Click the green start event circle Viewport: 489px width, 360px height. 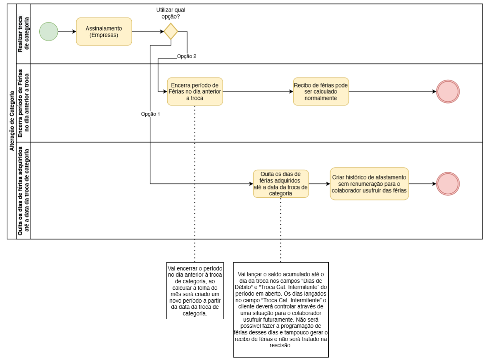click(x=49, y=31)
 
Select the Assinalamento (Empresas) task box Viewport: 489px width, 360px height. click(x=104, y=31)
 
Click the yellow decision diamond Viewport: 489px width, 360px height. click(x=171, y=31)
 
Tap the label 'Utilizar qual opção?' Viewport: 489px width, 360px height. click(x=171, y=13)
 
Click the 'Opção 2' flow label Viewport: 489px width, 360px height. click(x=187, y=57)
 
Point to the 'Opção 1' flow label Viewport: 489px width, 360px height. click(x=150, y=114)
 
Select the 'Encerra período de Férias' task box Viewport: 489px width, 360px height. click(x=195, y=92)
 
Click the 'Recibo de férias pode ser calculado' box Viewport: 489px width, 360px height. click(x=321, y=92)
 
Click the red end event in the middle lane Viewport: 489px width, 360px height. click(x=448, y=92)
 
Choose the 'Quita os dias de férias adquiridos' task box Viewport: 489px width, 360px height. click(x=281, y=184)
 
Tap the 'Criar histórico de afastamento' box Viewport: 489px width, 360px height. click(x=369, y=184)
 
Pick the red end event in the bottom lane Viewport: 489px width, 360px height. click(x=448, y=184)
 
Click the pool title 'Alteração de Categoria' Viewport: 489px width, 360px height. click(x=12, y=121)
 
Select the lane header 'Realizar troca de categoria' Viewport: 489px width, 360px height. click(x=24, y=34)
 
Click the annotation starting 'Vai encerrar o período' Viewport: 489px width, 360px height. click(x=195, y=291)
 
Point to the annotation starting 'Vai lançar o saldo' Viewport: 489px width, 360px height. click(x=281, y=310)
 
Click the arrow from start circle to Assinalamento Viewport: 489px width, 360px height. click(x=67, y=31)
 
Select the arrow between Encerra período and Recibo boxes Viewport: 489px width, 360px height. click(x=258, y=92)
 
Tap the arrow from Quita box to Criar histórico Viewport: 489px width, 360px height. click(x=319, y=184)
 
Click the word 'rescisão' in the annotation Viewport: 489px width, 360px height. click(x=281, y=346)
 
